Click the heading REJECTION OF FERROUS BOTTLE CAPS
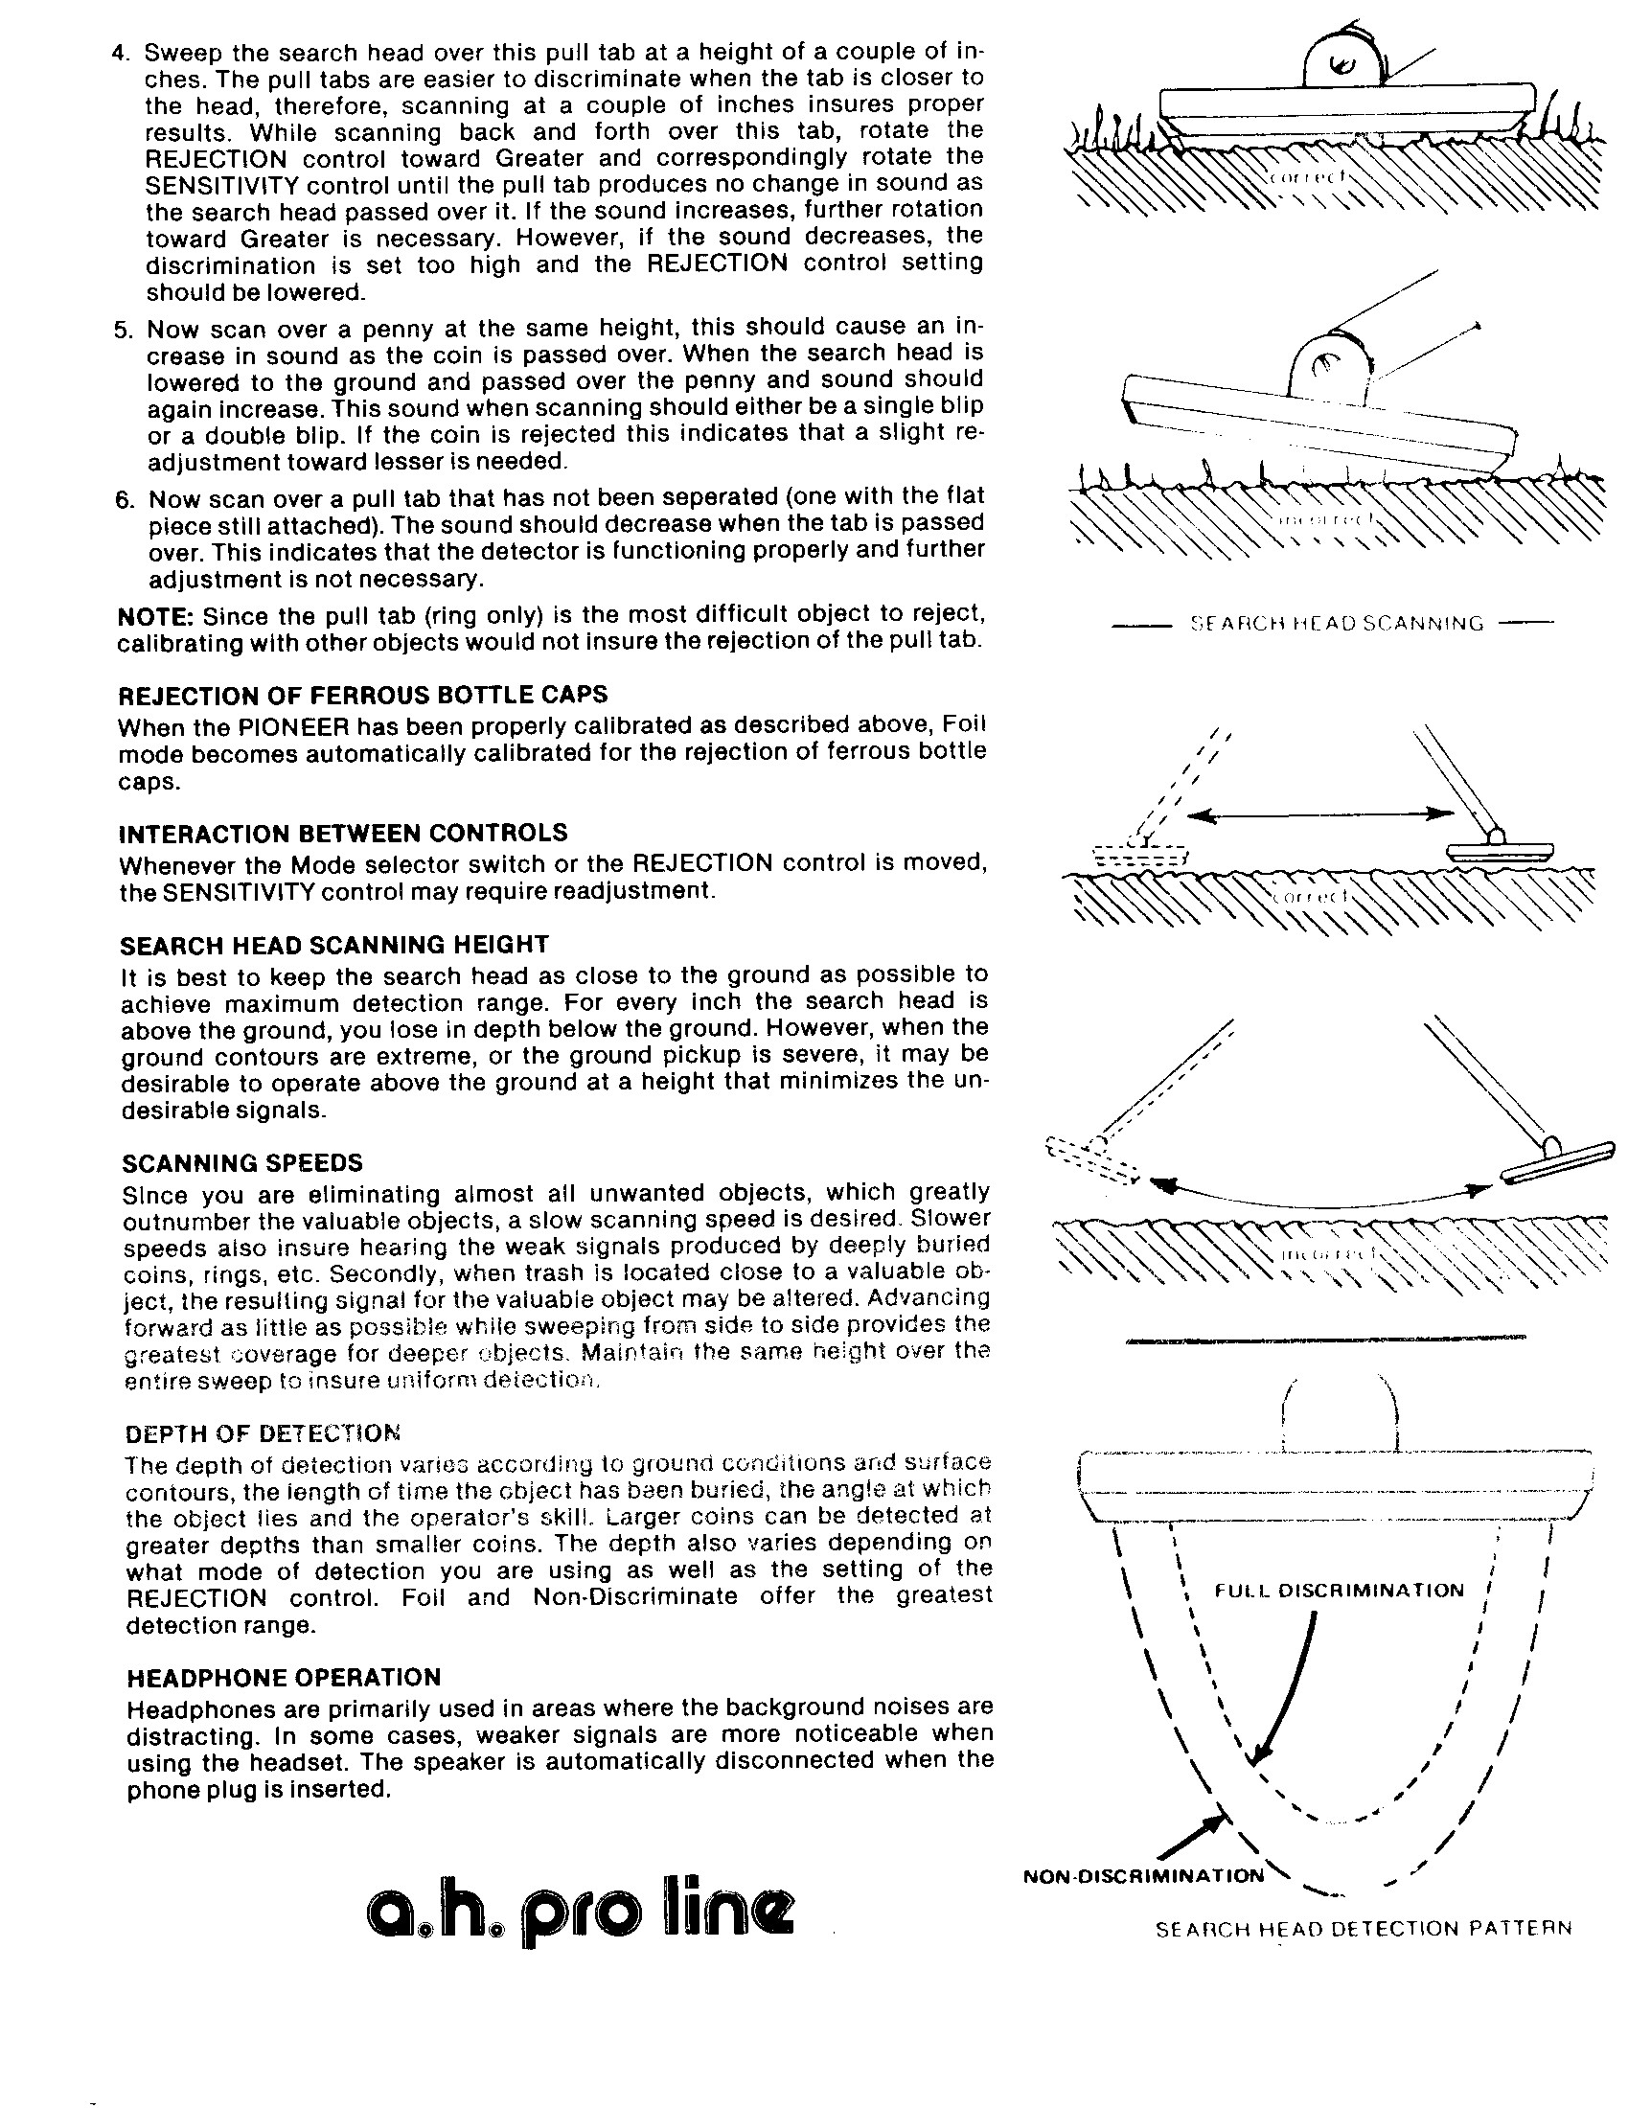click(363, 695)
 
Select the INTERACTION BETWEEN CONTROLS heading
click(344, 833)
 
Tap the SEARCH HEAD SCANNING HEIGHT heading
click(333, 945)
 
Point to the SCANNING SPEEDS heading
click(243, 1162)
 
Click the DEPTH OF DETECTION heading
click(264, 1432)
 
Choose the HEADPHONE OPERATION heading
click(284, 1677)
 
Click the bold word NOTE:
click(145, 616)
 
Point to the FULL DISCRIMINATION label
click(1340, 1591)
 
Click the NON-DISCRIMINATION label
click(1143, 1875)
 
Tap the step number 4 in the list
click(121, 53)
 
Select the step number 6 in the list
click(124, 500)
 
